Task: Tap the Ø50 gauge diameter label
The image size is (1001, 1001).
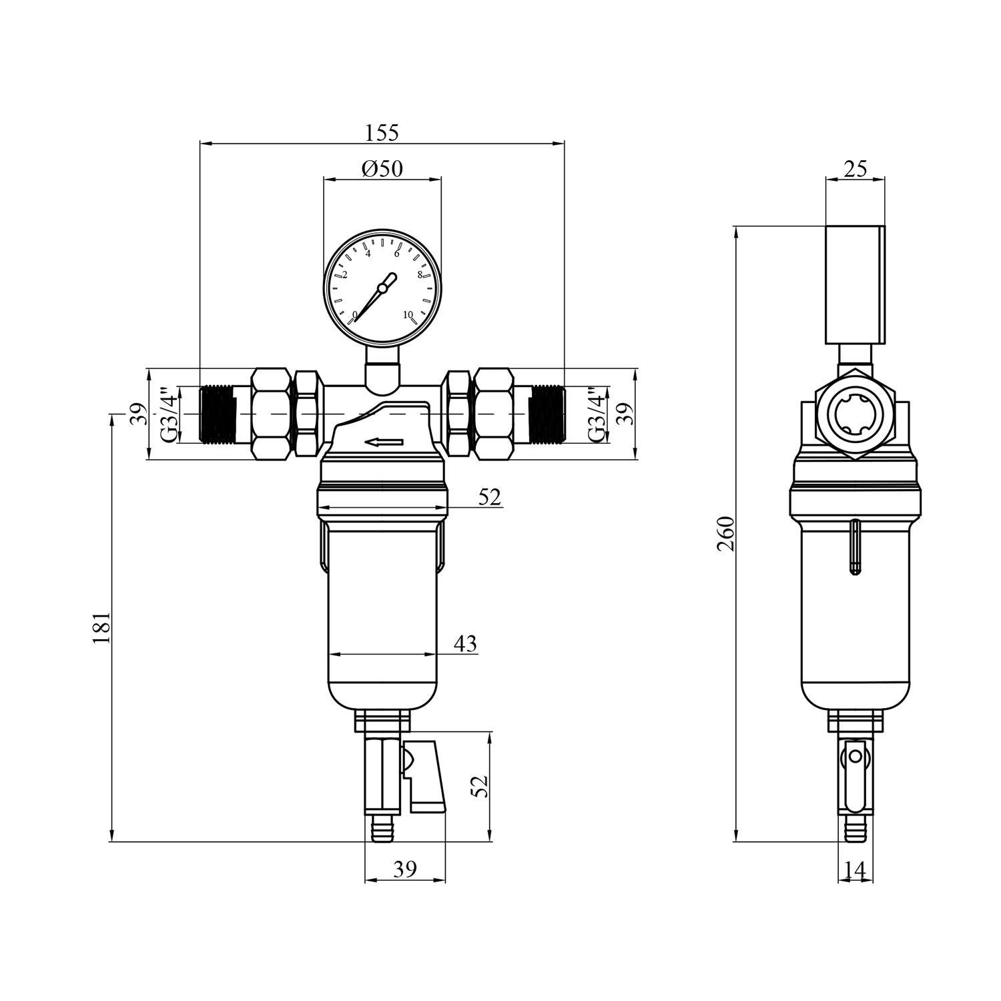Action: pos(382,168)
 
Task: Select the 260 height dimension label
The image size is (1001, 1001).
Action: pos(725,533)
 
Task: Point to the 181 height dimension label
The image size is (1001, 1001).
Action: pos(101,627)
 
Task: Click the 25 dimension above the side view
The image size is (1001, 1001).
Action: pos(855,169)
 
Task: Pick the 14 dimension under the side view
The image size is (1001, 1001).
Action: pos(855,870)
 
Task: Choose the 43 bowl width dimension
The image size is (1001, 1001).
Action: pos(465,643)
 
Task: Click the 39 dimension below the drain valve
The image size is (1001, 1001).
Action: pos(404,869)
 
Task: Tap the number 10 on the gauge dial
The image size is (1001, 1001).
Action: pos(408,314)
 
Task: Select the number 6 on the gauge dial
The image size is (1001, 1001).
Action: pos(397,253)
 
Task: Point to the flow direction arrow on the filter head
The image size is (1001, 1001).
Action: pos(384,442)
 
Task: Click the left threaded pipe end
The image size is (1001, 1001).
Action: pos(218,414)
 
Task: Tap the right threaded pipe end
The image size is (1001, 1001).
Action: pos(547,414)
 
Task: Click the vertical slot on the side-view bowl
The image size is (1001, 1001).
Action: pos(855,547)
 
